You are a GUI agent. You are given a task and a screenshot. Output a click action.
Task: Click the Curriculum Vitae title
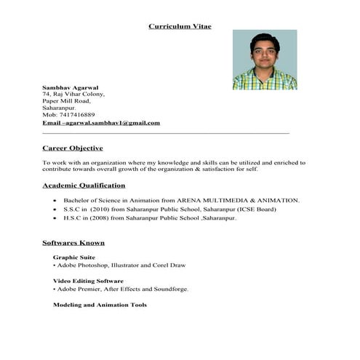point(180,26)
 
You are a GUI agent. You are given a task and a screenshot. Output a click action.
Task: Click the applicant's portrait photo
point(265,60)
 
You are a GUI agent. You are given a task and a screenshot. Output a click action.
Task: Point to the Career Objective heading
point(77,148)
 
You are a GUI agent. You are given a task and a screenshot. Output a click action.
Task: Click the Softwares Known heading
point(73,242)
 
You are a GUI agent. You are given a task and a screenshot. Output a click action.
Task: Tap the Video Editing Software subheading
point(88,281)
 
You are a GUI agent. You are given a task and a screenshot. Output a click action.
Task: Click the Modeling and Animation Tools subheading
point(100,305)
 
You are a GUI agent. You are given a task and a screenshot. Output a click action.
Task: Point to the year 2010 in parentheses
point(102,209)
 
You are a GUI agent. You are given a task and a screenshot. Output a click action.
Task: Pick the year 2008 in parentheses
point(102,217)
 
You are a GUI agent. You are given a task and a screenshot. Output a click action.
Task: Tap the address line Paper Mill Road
point(66,100)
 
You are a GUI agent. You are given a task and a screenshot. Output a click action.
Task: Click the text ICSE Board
point(255,209)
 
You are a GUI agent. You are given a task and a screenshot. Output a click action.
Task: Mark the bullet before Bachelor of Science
point(55,200)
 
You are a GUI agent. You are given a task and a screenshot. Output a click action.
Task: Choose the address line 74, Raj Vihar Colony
point(73,94)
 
